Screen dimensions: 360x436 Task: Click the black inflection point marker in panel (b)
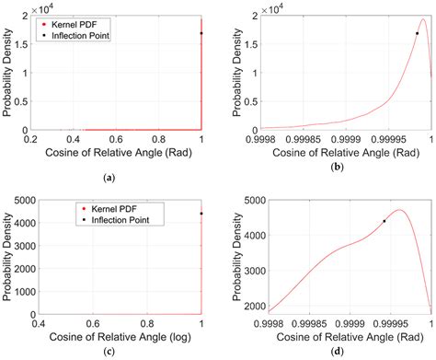pos(417,33)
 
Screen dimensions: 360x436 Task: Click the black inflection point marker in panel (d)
pos(384,221)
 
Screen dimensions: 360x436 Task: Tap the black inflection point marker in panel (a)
pos(201,33)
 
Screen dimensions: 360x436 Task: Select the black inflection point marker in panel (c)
pos(201,214)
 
